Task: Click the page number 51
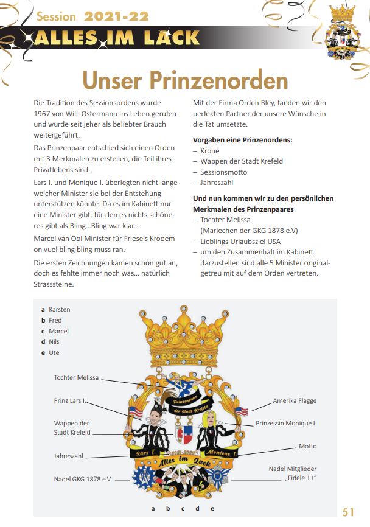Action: (x=349, y=512)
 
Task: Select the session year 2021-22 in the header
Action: (x=116, y=16)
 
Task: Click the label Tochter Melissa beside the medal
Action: (x=76, y=378)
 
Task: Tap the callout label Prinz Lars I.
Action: (x=71, y=401)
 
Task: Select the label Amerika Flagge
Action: (x=295, y=400)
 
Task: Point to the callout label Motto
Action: (x=307, y=446)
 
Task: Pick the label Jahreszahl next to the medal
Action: (x=69, y=455)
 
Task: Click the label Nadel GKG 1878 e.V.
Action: (x=83, y=479)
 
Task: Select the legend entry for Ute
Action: (x=54, y=352)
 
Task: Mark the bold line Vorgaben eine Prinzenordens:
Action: (x=242, y=140)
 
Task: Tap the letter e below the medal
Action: (x=212, y=508)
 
